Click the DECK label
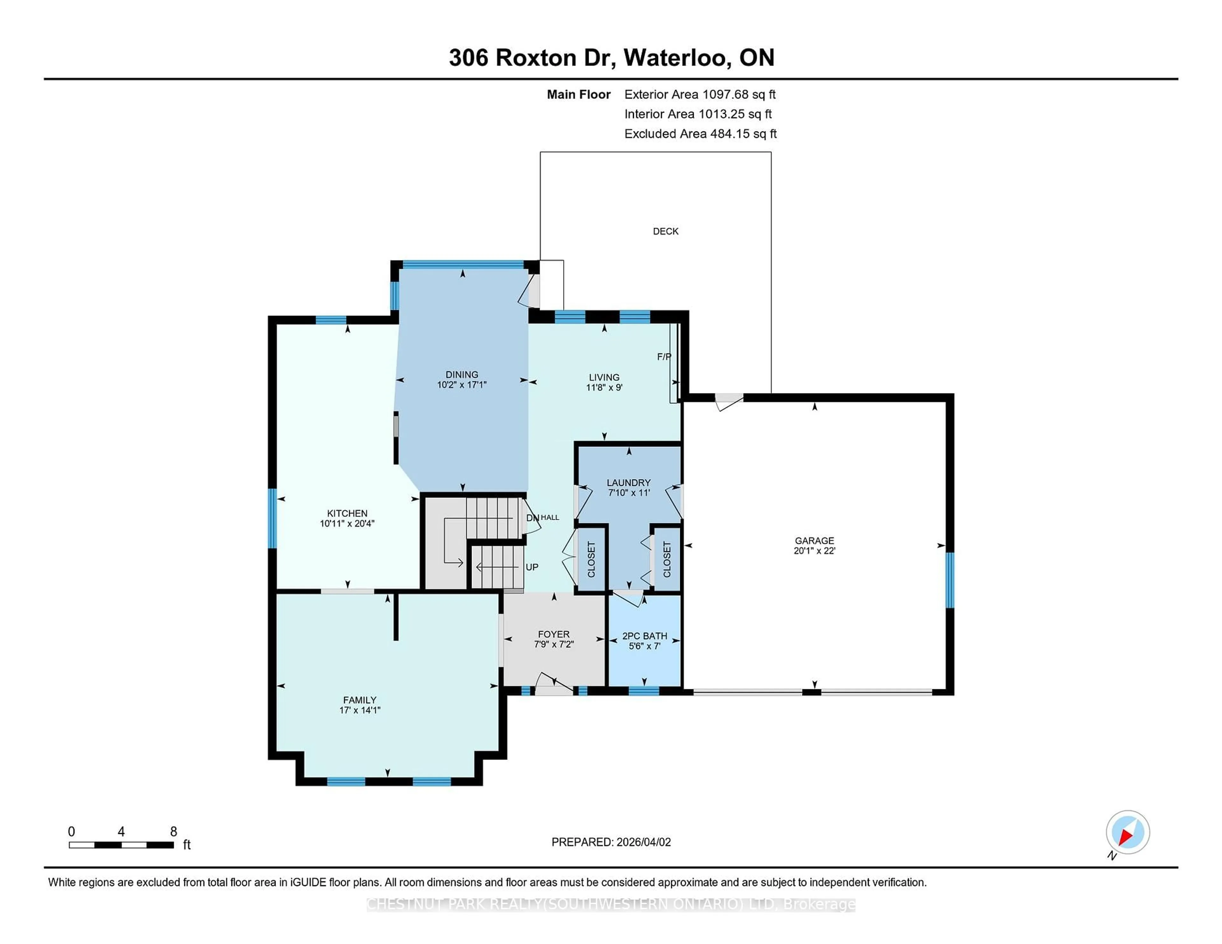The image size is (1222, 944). click(665, 231)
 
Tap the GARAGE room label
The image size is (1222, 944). click(814, 540)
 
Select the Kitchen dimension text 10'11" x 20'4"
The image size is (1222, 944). click(347, 524)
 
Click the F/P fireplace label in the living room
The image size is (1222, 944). click(664, 356)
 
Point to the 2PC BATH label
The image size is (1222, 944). click(644, 636)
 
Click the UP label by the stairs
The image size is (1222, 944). click(531, 567)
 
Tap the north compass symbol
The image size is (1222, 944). click(1127, 832)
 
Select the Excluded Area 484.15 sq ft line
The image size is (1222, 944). click(700, 134)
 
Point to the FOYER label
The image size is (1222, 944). click(553, 634)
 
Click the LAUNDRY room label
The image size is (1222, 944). click(629, 482)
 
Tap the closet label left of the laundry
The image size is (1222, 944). click(591, 559)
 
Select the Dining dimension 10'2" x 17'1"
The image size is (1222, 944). click(462, 385)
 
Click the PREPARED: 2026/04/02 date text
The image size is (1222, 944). click(611, 842)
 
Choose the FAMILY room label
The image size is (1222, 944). click(359, 700)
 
